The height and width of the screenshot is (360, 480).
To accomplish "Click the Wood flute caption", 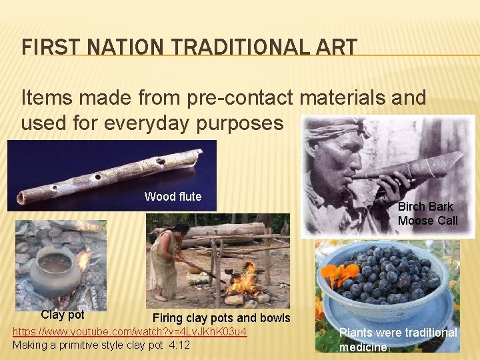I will [x=173, y=197].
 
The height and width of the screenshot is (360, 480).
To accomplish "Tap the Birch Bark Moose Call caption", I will [x=427, y=213].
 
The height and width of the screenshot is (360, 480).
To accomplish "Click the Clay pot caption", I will [x=63, y=315].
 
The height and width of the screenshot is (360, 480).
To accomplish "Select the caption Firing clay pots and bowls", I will [x=221, y=317].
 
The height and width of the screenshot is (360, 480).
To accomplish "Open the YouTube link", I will [x=130, y=331].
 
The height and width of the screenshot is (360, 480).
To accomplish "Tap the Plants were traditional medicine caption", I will [x=397, y=339].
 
